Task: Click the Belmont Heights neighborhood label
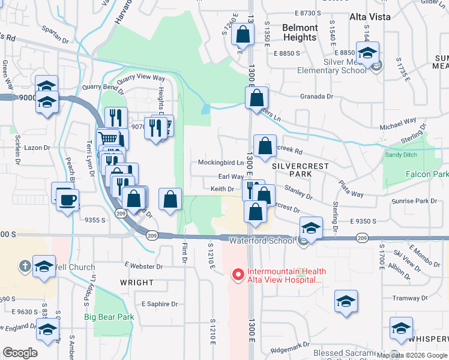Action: [x=300, y=32]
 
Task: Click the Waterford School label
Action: [x=262, y=240]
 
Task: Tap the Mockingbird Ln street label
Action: [x=221, y=163]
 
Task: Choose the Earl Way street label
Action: [x=231, y=177]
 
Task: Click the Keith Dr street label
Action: [x=221, y=189]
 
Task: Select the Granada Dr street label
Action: [x=317, y=96]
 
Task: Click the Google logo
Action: [x=20, y=352]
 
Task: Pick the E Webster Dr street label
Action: [x=143, y=265]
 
